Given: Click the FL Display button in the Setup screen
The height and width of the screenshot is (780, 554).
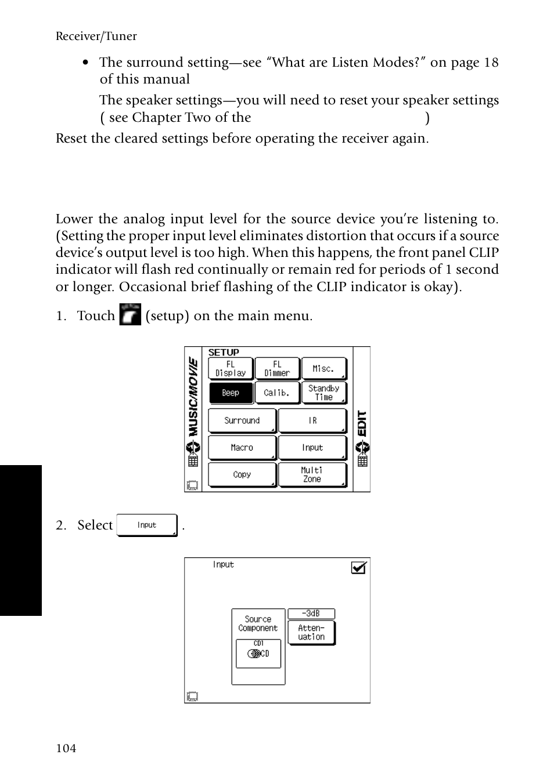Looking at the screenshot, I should click(231, 369).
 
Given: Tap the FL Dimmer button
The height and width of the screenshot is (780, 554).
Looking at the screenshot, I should click(277, 369).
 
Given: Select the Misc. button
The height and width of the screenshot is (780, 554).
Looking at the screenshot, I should click(323, 369).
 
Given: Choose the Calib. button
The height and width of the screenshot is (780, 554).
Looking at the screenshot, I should click(277, 393).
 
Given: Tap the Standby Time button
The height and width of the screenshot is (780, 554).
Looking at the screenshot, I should click(323, 393).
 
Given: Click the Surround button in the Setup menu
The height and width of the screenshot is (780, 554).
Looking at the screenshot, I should click(242, 420).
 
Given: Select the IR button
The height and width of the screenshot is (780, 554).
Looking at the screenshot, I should click(312, 420).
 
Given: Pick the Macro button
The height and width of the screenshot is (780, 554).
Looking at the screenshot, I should click(242, 448).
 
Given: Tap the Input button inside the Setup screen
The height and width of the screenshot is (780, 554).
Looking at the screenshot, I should click(312, 448).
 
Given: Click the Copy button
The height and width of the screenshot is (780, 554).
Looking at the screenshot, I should click(242, 474).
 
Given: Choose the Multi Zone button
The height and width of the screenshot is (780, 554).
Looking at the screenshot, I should click(312, 474).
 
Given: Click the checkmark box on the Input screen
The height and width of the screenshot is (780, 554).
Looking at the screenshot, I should click(359, 568).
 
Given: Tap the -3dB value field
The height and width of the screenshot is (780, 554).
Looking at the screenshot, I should click(311, 614).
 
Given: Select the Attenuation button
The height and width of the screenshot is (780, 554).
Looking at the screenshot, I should click(311, 633).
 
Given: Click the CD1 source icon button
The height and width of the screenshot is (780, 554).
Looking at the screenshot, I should click(258, 653).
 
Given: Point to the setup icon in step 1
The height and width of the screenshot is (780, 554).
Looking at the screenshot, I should click(130, 314).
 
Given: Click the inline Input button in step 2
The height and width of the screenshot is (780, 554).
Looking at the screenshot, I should click(147, 525).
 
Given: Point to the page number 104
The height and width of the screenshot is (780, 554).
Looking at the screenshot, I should click(66, 748).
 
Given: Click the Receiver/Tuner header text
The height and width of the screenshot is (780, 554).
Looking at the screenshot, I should click(96, 36).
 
